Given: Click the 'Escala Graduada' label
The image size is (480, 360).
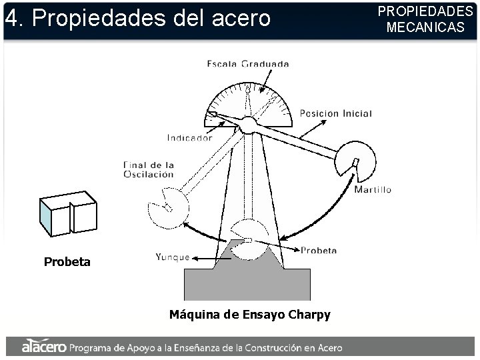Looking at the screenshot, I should pyautogui.click(x=248, y=64).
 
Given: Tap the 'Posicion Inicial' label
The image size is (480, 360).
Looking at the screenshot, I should pyautogui.click(x=335, y=113).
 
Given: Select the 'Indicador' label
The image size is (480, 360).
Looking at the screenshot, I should pyautogui.click(x=189, y=139).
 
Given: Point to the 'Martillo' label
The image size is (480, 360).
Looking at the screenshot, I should pyautogui.click(x=373, y=189).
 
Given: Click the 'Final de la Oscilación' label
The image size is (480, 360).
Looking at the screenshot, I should pyautogui.click(x=148, y=169).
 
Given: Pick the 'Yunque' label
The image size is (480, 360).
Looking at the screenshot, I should pyautogui.click(x=172, y=256).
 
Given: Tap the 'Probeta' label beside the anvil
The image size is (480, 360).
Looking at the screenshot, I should pyautogui.click(x=319, y=250).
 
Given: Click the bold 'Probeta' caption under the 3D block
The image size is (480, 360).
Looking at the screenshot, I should pyautogui.click(x=67, y=262).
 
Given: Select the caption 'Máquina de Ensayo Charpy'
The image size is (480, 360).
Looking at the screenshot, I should pyautogui.click(x=249, y=315).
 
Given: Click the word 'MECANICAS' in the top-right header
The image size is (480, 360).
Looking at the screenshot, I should pyautogui.click(x=425, y=27).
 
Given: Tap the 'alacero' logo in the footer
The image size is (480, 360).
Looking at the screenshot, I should pyautogui.click(x=43, y=347).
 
